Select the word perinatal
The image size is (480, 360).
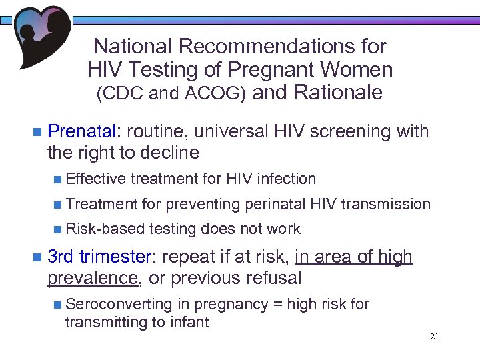coord(276,204)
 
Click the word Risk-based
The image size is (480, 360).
coord(105,229)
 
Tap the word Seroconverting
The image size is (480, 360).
coord(118,304)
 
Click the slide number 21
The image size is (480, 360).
coord(434,337)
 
